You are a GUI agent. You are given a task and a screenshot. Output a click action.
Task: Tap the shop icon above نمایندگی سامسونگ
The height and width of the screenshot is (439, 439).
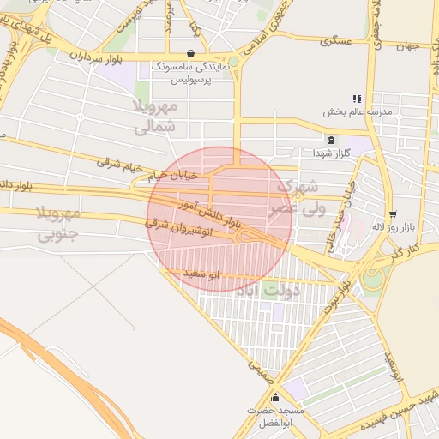[189, 53]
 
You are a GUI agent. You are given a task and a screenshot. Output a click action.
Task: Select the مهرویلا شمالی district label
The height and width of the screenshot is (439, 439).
[156, 117]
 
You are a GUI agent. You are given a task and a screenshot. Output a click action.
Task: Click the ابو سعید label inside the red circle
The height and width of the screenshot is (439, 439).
[203, 274]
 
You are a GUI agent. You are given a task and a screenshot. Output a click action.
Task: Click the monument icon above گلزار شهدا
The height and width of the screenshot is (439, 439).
[331, 140]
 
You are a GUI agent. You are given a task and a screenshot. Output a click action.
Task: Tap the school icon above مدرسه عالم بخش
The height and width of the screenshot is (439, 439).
[357, 99]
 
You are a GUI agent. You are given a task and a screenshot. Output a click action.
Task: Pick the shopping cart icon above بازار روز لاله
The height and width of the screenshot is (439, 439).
[393, 214]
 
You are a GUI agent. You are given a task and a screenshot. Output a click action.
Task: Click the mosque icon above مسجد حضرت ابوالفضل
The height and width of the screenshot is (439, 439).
[275, 398]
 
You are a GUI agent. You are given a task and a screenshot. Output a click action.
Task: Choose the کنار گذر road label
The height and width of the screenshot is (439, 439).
[400, 251]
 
